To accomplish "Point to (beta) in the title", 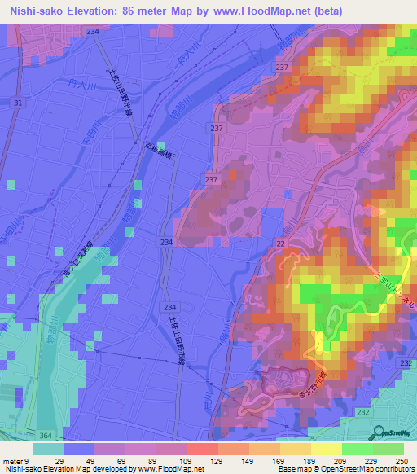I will pos(326,11).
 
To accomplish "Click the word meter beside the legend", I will pos(12,463).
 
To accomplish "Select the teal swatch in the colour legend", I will pos(48,449).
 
